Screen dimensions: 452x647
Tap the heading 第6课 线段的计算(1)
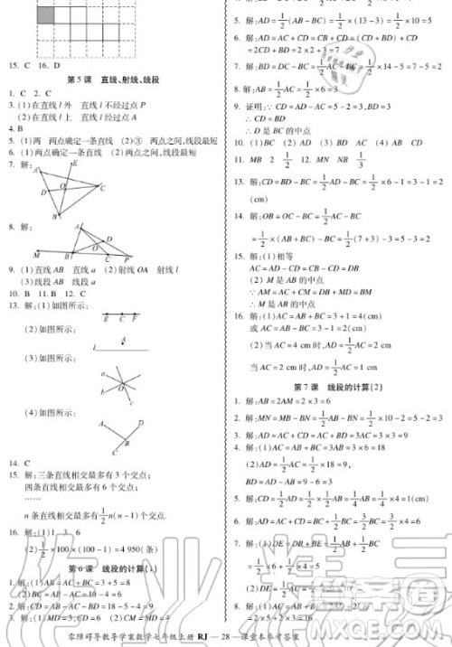(x=112, y=569)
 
